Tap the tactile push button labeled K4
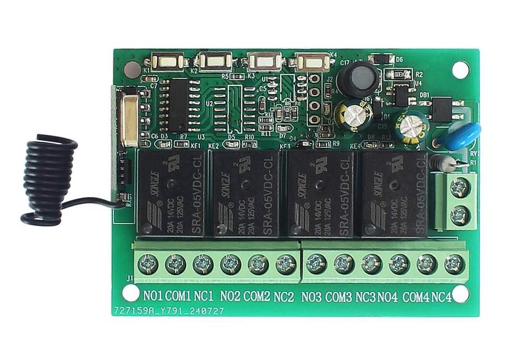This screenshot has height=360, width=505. (313, 62)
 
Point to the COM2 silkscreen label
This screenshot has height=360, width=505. (257, 296)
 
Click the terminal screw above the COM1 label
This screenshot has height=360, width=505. (176, 264)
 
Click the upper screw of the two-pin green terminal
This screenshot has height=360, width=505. (460, 186)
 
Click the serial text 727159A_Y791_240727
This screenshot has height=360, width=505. (168, 311)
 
